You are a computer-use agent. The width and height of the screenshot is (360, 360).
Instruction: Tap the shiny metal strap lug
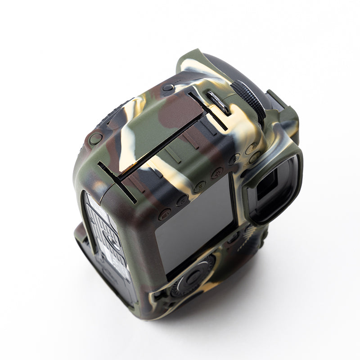[x=218, y=103]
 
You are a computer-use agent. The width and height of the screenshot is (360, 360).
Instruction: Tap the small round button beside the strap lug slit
[x=168, y=88]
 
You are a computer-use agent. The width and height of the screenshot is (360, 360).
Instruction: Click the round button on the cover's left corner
[x=96, y=138]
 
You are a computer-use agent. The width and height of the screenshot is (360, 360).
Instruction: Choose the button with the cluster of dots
[x=217, y=173]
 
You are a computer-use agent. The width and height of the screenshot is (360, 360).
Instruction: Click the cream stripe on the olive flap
[x=130, y=130]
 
